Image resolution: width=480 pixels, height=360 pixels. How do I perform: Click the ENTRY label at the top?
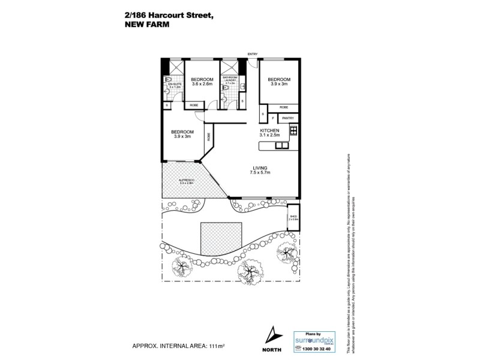pos(253,54)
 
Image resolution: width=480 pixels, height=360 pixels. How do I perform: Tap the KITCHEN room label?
pos(270,130)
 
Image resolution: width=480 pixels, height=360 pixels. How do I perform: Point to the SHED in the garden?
pos(293,217)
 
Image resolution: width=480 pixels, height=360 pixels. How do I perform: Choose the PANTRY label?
pos(288,118)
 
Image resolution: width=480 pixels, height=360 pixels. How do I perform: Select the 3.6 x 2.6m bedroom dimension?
pos(202,84)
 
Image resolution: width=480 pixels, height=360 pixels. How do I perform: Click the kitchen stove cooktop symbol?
pos(294,131)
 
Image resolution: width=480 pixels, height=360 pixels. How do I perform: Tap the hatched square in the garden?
pos(221,239)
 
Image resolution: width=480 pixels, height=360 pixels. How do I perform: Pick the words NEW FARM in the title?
pos(148,25)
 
